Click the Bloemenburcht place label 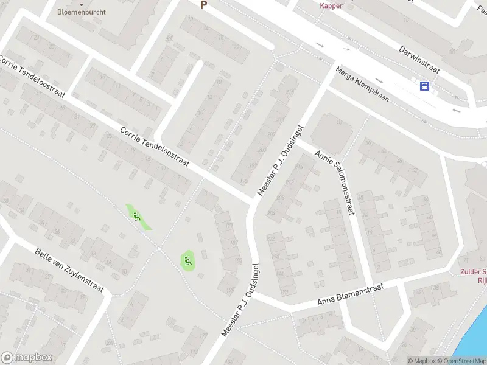pos(81,12)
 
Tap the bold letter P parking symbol pos(204,4)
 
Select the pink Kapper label pos(332,5)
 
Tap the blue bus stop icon pos(424,86)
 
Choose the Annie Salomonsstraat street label pos(334,182)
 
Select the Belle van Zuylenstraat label pos(69,271)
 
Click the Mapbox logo pos(26,358)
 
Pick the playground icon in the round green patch pos(187,262)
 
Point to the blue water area pos(475,341)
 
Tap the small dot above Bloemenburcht pos(81,4)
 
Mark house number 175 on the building pos(230,291)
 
